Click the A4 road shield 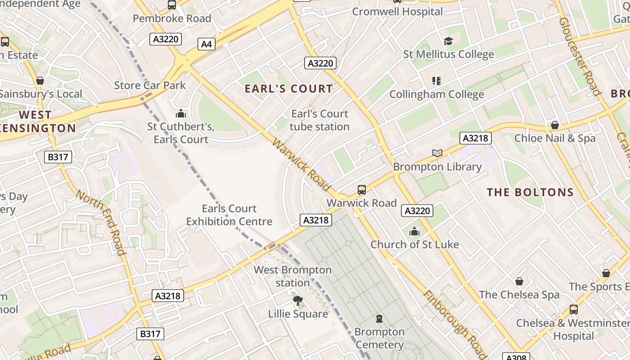pos(206,44)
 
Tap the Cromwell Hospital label pos(397,12)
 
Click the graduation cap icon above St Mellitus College pos(448,41)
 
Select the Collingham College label pos(436,94)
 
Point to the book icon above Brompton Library pos(437,153)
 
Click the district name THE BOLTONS pos(530,193)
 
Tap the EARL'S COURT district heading pos(288,89)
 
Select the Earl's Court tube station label pos(319,120)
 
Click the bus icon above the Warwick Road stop pos(362,190)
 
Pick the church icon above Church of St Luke pos(414,232)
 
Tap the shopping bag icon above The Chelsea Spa pos(519,281)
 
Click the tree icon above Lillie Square pos(297,301)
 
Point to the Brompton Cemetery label pos(379,338)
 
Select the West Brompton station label pos(292,276)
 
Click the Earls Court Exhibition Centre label pos(229,215)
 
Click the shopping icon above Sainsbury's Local pos(40,81)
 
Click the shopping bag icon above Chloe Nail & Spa pos(555,125)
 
